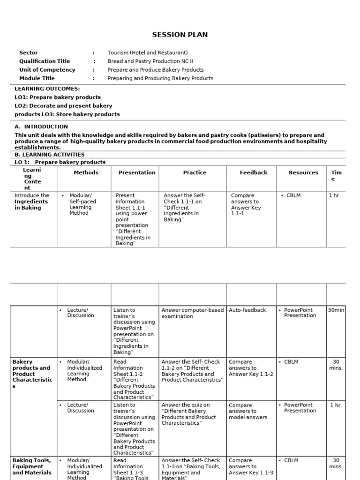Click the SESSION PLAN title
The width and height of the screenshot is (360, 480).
pyautogui.click(x=180, y=35)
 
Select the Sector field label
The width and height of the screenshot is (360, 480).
pyautogui.click(x=29, y=53)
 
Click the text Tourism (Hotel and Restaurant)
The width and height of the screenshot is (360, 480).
pyautogui.click(x=148, y=53)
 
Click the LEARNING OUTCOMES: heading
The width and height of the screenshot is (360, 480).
pyautogui.click(x=47, y=89)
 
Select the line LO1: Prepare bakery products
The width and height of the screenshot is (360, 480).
pyautogui.click(x=58, y=97)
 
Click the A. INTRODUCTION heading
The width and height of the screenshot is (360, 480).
pyautogui.click(x=41, y=127)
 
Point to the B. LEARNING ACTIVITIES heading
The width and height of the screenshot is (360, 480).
pyautogui.click(x=50, y=154)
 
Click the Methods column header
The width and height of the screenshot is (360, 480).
pyautogui.click(x=86, y=172)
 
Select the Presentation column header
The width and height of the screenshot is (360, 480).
pyautogui.click(x=137, y=172)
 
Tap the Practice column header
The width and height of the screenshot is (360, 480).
pyautogui.click(x=195, y=172)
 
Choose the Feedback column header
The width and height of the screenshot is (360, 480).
pyautogui.click(x=254, y=172)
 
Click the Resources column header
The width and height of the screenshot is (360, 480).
pyautogui.click(x=303, y=172)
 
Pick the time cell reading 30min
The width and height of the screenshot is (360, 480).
pyautogui.click(x=336, y=310)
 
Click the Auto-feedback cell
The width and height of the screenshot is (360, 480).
pyautogui.click(x=247, y=310)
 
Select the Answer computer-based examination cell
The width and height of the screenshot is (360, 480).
pyautogui.click(x=193, y=313)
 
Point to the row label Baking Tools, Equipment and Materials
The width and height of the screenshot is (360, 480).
pyautogui.click(x=32, y=466)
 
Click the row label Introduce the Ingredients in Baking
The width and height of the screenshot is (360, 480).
pyautogui.click(x=32, y=202)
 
